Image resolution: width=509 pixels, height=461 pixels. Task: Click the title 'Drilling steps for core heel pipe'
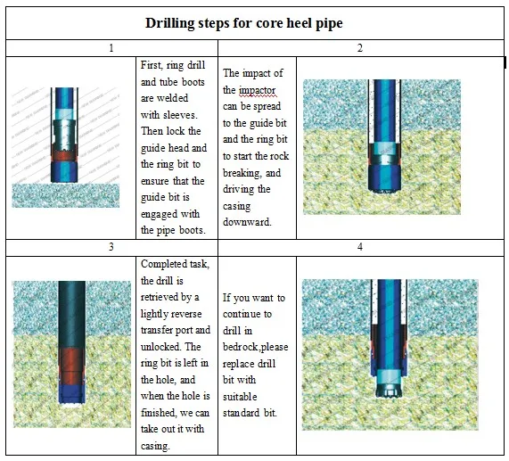click(x=255, y=22)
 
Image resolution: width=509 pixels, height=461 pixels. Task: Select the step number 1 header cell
click(x=111, y=47)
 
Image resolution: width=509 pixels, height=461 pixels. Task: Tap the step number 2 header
click(x=360, y=47)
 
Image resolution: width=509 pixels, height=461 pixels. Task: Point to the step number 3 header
click(x=111, y=246)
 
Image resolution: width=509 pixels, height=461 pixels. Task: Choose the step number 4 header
click(x=360, y=246)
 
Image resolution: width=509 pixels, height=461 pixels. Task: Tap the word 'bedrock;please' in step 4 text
click(x=256, y=347)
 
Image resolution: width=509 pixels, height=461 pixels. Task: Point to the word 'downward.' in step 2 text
click(x=247, y=222)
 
